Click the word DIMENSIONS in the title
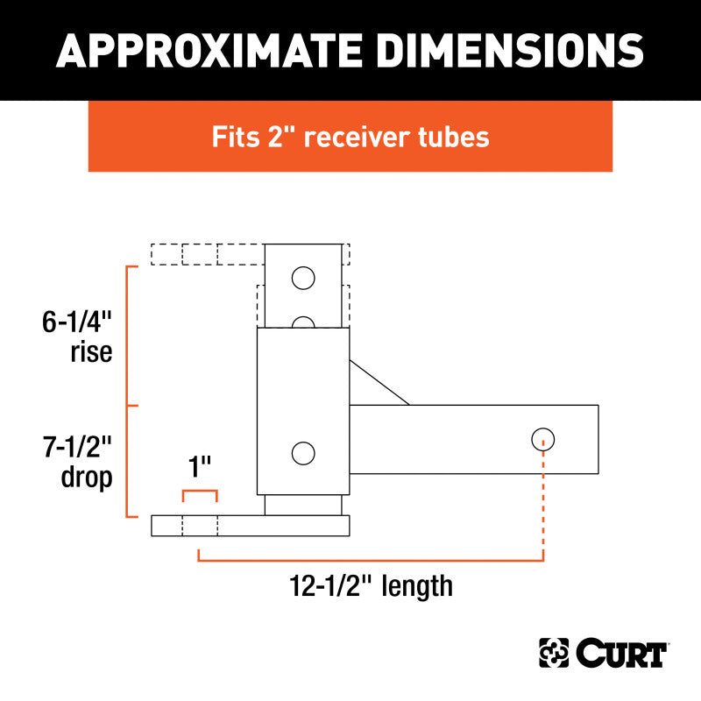tap(494, 51)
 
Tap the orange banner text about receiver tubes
tap(350, 137)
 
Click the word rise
tap(92, 354)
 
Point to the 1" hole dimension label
tap(201, 465)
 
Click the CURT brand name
tap(622, 654)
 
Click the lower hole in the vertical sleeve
tap(303, 453)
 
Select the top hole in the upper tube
tap(303, 279)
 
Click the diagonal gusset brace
tap(379, 383)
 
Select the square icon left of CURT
tap(554, 654)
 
